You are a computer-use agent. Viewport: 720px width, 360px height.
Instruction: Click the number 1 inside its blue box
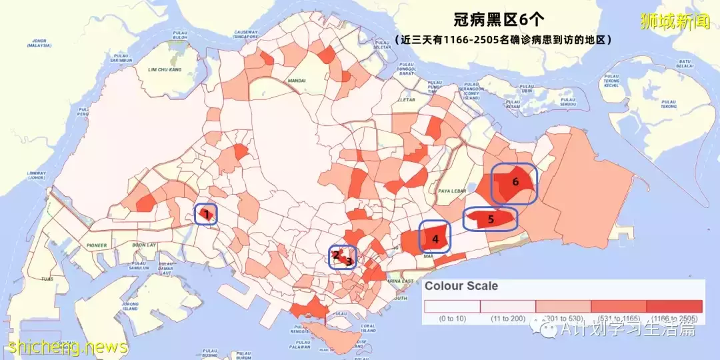207,215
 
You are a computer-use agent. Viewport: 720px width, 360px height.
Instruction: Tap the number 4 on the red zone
435,238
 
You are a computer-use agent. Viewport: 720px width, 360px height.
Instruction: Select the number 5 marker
491,219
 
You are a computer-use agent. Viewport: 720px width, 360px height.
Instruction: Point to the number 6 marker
515,181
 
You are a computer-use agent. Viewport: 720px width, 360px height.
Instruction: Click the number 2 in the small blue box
336,254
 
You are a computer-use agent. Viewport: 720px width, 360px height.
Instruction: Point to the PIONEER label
95,245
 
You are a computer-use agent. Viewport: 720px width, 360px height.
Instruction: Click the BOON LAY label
144,245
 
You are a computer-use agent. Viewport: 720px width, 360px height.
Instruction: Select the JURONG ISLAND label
130,307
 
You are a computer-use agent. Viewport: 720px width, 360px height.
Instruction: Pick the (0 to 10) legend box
452,306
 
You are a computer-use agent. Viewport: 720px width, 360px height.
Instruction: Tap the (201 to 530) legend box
563,306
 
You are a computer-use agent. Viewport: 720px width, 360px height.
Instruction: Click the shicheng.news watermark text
68,347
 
